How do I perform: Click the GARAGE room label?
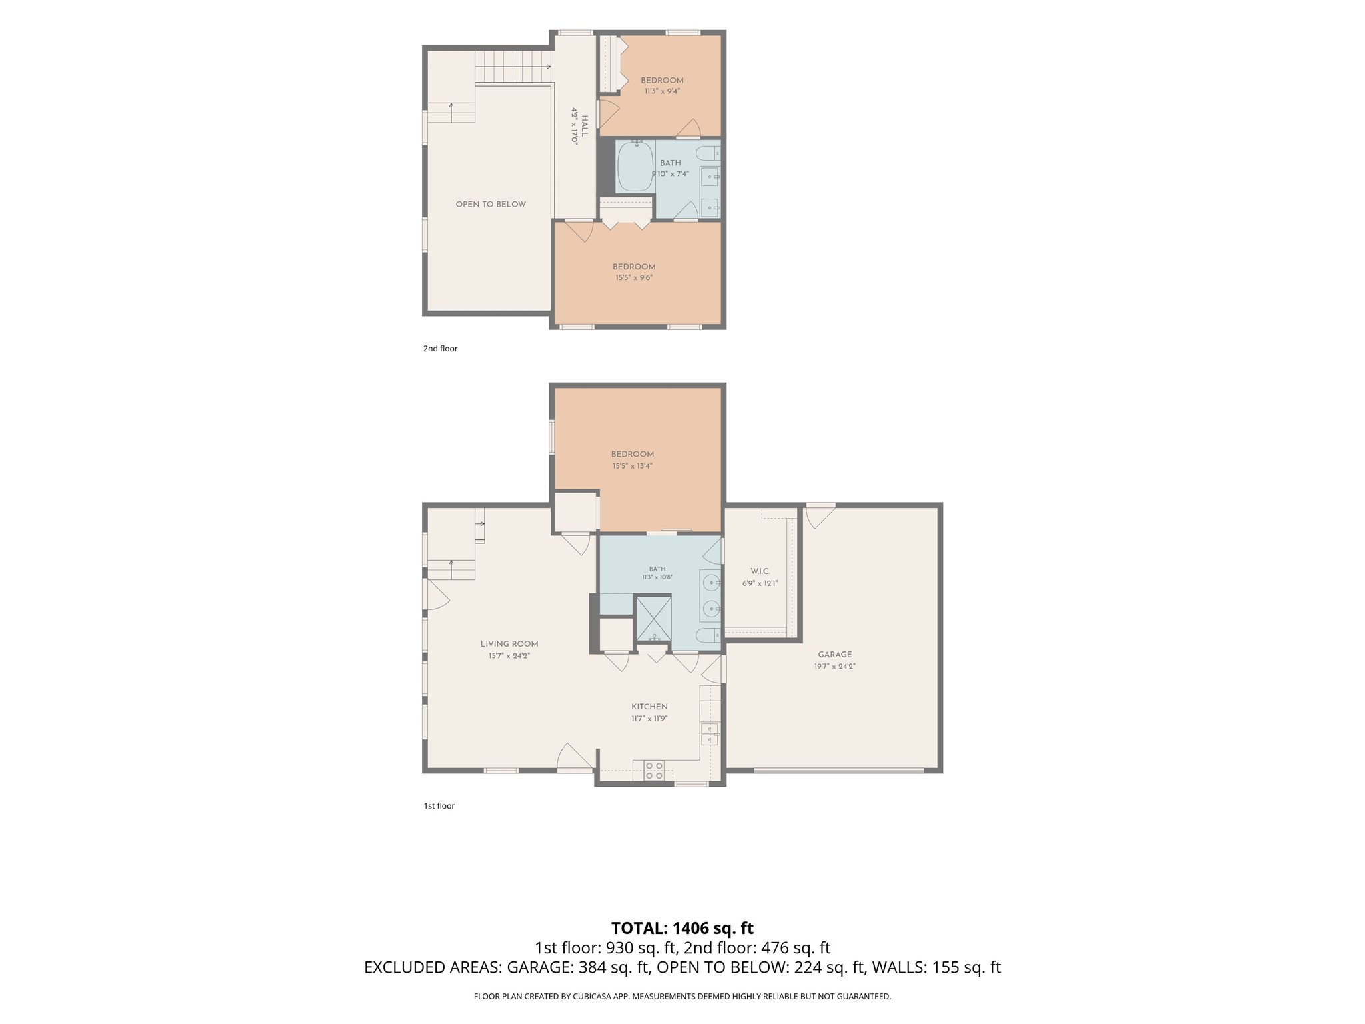[x=834, y=655]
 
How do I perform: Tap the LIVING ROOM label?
[x=509, y=644]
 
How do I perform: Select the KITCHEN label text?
[x=649, y=707]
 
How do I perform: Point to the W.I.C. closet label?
[x=760, y=571]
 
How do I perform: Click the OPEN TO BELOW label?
[x=491, y=204]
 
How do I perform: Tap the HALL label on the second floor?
[x=585, y=126]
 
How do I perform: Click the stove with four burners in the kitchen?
[x=654, y=771]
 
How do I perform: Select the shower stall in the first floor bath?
[x=653, y=619]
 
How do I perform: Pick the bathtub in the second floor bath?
[x=635, y=167]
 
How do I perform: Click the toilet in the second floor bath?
[x=708, y=154]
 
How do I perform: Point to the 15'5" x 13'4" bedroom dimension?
[x=632, y=466]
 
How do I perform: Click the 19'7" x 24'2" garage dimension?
[x=834, y=666]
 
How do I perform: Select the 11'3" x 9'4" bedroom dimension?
[x=662, y=91]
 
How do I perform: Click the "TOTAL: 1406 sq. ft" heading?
[x=682, y=928]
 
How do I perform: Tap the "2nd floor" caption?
[x=440, y=349]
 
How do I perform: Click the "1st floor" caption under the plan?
[x=439, y=806]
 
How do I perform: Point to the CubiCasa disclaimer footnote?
[x=682, y=997]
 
